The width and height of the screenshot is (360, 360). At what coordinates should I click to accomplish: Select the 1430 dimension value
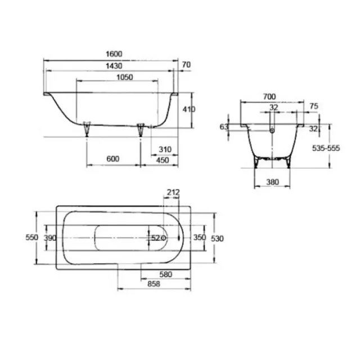113,66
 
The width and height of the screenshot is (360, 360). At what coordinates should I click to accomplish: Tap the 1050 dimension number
124,78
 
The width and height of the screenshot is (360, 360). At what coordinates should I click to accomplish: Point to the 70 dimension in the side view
187,65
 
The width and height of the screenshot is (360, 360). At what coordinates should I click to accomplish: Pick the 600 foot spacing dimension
113,159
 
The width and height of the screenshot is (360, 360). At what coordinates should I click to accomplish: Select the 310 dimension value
165,149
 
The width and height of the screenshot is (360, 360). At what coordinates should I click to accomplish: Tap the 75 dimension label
314,106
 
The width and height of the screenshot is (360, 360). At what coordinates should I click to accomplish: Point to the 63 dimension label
224,127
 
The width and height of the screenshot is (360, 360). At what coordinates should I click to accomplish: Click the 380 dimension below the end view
273,182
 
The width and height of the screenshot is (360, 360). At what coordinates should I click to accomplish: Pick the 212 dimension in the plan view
173,193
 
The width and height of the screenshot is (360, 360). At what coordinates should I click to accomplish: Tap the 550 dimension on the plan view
32,238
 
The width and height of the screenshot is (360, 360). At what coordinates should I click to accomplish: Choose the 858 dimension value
146,285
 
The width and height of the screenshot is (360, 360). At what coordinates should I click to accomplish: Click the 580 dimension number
165,274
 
